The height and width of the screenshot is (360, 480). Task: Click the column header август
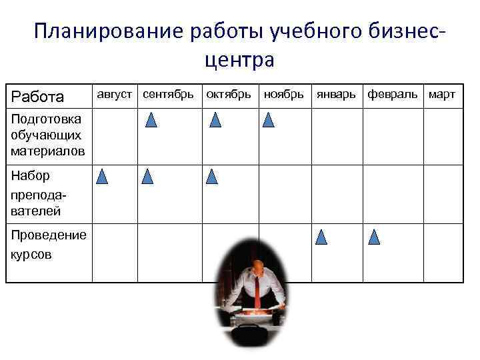click(115, 95)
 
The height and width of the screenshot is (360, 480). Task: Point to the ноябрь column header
click(283, 95)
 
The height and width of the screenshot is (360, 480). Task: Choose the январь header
click(336, 95)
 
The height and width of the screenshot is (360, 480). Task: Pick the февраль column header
click(393, 95)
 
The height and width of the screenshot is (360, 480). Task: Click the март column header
click(442, 95)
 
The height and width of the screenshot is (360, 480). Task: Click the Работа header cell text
click(37, 97)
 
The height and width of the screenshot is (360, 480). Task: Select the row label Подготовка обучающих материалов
click(47, 135)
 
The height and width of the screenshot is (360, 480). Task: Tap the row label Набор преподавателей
click(37, 193)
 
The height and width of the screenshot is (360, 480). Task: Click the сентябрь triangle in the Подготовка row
click(151, 120)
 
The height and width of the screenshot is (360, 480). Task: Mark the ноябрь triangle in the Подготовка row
click(269, 120)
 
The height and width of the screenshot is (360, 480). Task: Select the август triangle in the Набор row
click(102, 177)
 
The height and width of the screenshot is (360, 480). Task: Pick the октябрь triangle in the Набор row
click(212, 177)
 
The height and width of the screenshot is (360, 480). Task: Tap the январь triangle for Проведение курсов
click(321, 237)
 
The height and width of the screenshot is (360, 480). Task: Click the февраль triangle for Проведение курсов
click(374, 237)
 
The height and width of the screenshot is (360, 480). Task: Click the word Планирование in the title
click(109, 32)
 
